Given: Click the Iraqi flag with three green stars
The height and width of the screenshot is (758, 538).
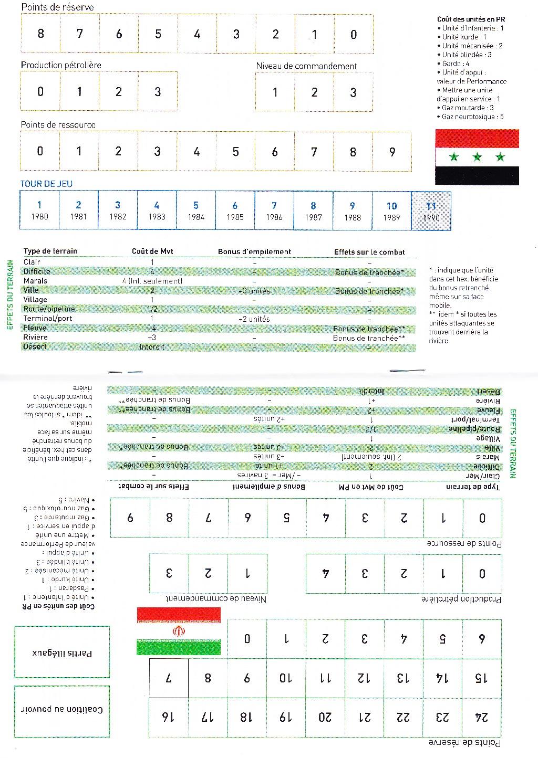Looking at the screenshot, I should click(x=477, y=157).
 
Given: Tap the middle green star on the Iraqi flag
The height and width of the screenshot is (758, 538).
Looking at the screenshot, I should click(x=477, y=157).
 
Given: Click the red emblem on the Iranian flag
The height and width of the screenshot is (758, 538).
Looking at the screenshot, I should click(x=179, y=631).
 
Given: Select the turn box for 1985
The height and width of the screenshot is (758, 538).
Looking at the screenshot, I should click(x=235, y=210).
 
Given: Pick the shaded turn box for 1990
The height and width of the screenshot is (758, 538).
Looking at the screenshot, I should click(x=431, y=210).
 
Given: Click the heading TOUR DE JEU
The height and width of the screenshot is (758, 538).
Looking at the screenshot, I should click(x=46, y=184).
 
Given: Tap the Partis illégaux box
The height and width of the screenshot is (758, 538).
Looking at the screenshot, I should click(x=62, y=652).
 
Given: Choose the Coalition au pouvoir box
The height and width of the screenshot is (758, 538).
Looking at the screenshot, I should click(x=62, y=711).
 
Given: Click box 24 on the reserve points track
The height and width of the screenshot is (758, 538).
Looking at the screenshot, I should click(x=482, y=717).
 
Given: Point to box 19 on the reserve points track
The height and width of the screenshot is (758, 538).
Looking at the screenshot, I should click(x=286, y=717).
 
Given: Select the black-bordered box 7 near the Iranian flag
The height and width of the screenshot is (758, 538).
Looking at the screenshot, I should click(x=169, y=678).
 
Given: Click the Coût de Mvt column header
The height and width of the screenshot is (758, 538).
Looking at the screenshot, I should click(x=152, y=251).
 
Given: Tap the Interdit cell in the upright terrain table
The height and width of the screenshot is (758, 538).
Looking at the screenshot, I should click(x=152, y=347).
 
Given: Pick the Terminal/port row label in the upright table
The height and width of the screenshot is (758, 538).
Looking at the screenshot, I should click(x=48, y=319).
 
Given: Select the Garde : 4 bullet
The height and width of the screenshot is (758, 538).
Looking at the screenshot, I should click(x=456, y=64).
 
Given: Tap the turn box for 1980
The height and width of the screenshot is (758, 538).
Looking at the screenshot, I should click(x=39, y=210).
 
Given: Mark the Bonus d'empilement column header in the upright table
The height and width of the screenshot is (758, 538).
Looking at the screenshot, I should click(x=254, y=252).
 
